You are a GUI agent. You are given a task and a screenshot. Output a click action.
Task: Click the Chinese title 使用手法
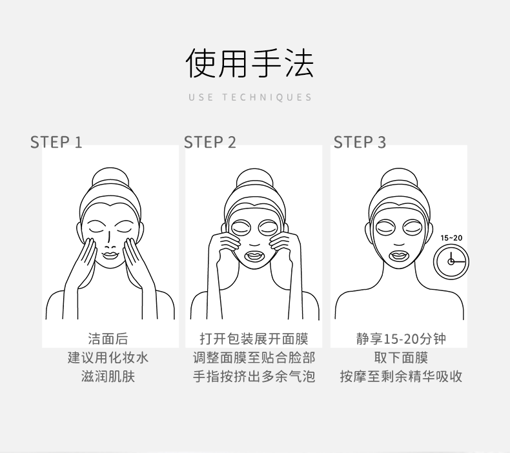(249, 63)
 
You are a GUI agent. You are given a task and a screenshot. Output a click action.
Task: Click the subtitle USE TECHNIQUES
(250, 97)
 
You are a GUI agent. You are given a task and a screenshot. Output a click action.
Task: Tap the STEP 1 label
(56, 143)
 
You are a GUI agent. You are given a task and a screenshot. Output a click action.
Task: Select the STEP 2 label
(210, 143)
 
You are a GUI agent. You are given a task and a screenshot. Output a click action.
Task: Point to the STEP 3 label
(360, 143)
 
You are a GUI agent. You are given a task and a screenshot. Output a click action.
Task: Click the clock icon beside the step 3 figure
(451, 262)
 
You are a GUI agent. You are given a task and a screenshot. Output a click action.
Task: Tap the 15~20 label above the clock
(451, 238)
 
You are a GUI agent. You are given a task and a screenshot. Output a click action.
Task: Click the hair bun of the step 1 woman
(110, 177)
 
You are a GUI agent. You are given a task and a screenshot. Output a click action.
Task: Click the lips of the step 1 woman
(110, 255)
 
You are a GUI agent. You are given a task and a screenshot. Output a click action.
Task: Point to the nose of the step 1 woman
(110, 239)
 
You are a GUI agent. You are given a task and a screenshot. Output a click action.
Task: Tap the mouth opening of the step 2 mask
(254, 256)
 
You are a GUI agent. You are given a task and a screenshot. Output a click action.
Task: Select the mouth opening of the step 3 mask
(399, 256)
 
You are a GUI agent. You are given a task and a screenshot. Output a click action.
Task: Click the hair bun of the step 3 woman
(399, 178)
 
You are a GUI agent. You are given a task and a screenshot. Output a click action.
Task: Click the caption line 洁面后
(108, 339)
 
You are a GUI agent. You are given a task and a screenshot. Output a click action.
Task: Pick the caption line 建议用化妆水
(108, 357)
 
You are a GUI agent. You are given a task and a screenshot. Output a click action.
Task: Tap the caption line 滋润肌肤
(108, 377)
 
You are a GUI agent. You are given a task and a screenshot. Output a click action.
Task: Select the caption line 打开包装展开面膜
(254, 339)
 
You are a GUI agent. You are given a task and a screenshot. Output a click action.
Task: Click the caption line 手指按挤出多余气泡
(254, 377)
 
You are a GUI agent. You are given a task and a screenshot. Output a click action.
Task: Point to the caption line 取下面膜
(401, 357)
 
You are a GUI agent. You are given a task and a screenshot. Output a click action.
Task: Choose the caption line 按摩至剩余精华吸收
(401, 377)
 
